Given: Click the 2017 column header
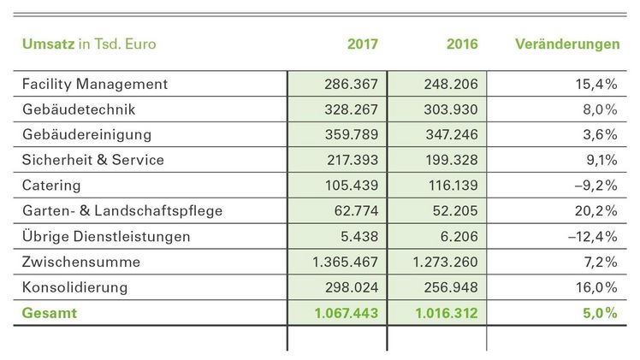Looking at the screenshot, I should click(x=363, y=44).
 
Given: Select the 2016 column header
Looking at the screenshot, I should click(x=462, y=44).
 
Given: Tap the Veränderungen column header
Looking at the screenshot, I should click(x=568, y=44).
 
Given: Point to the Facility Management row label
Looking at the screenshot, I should click(x=94, y=85).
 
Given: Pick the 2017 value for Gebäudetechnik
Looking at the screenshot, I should click(x=351, y=110).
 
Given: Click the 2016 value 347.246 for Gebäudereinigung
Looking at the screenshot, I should click(x=450, y=135).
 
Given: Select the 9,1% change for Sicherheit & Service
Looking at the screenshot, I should click(x=601, y=160).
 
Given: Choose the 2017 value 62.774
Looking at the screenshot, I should click(x=354, y=210).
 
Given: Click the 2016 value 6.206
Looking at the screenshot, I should click(x=458, y=236).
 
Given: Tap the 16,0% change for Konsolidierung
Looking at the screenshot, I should click(x=597, y=287).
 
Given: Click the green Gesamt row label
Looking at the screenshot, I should click(x=49, y=314).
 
